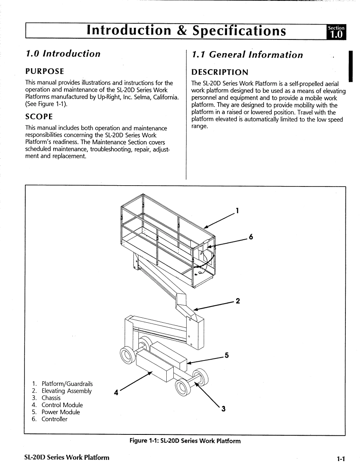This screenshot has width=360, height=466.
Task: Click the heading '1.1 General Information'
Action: click(247, 54)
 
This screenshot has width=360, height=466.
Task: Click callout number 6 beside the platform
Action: click(251, 237)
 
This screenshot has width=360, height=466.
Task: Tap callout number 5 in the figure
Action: click(227, 356)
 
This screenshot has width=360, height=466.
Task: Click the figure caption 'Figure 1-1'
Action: click(185, 441)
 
